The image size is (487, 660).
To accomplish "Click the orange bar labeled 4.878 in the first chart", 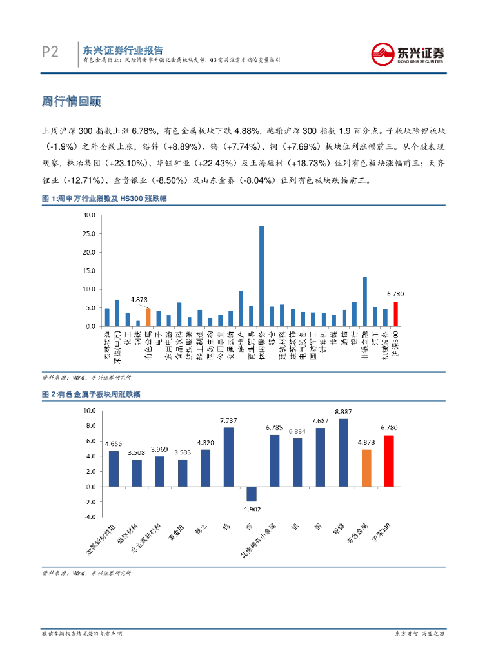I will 148,317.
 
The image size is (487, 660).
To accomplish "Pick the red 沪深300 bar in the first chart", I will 395,314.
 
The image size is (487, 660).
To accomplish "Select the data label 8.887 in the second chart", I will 343,411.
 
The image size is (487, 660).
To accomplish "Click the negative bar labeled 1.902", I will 252,493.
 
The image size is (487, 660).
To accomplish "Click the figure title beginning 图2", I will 92,394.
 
